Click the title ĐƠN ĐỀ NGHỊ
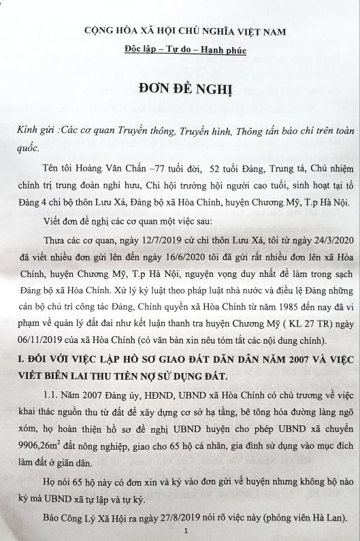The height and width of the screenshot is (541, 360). point(180,93)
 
